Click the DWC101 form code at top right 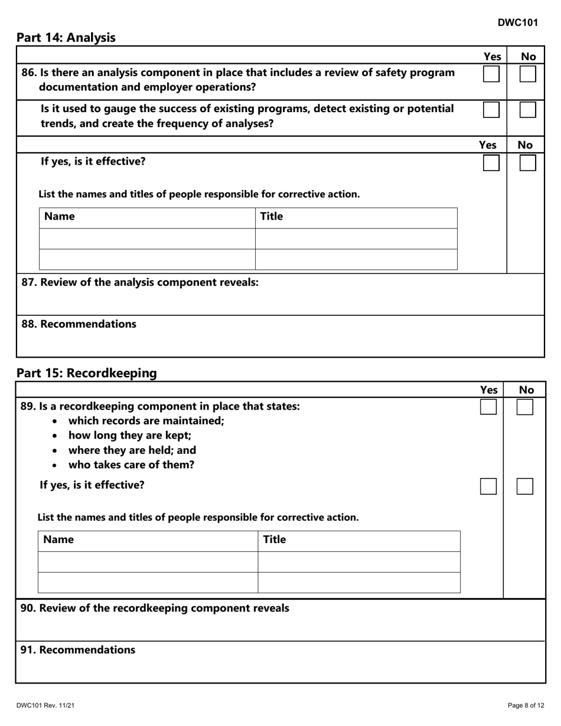coord(517,22)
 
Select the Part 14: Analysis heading coord(66,38)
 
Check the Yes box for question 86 coord(491,74)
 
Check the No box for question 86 coord(527,74)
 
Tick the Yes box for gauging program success coord(491,110)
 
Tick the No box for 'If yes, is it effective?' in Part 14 coord(527,163)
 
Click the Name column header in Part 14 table coord(60,217)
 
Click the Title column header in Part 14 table coord(272,217)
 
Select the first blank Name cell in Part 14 coord(147,239)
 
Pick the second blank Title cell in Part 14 coord(356,260)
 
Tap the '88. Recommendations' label coord(79,324)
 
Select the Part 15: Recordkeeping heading coord(87,373)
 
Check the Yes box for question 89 coord(488,407)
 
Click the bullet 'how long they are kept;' coord(130,436)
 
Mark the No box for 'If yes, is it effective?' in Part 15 coord(525,486)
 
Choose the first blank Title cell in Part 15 coord(359,562)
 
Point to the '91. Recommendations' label coord(78,650)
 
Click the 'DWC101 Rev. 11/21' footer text coord(45,705)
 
